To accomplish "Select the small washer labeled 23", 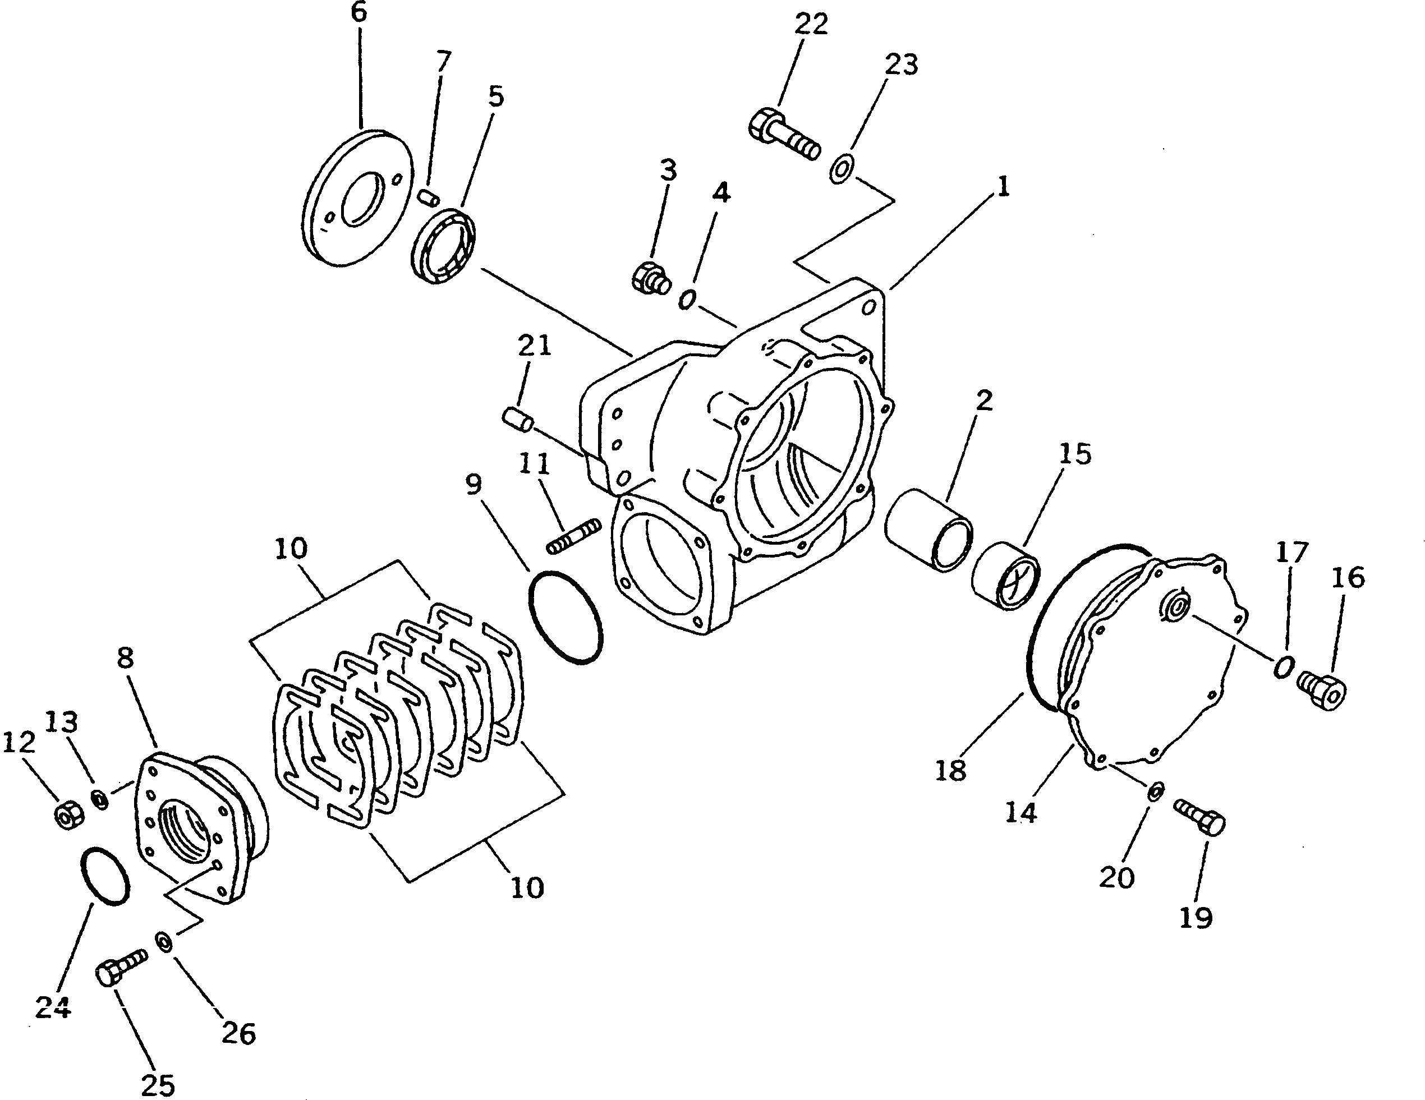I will click(x=840, y=169).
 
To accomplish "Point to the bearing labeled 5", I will click(x=443, y=245).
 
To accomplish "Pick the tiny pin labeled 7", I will click(x=429, y=196).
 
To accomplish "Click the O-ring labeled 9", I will click(x=565, y=617).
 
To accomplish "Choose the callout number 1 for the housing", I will click(x=1003, y=187).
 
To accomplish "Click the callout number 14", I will click(x=1020, y=813).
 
